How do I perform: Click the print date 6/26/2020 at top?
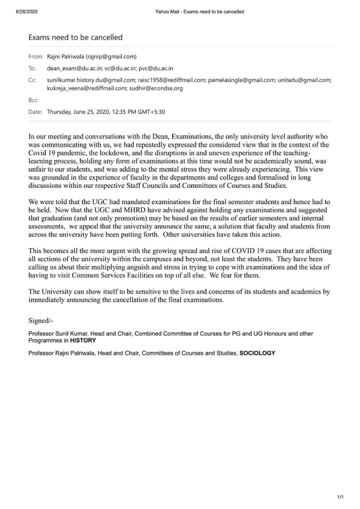tap(27, 12)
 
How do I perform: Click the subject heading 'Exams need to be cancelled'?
tap(75, 37)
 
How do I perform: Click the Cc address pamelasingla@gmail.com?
tap(242, 80)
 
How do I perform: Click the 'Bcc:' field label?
tap(33, 100)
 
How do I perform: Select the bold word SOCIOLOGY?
tap(257, 353)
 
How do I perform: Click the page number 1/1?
tap(340, 497)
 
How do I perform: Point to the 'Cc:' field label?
tap(32, 80)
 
